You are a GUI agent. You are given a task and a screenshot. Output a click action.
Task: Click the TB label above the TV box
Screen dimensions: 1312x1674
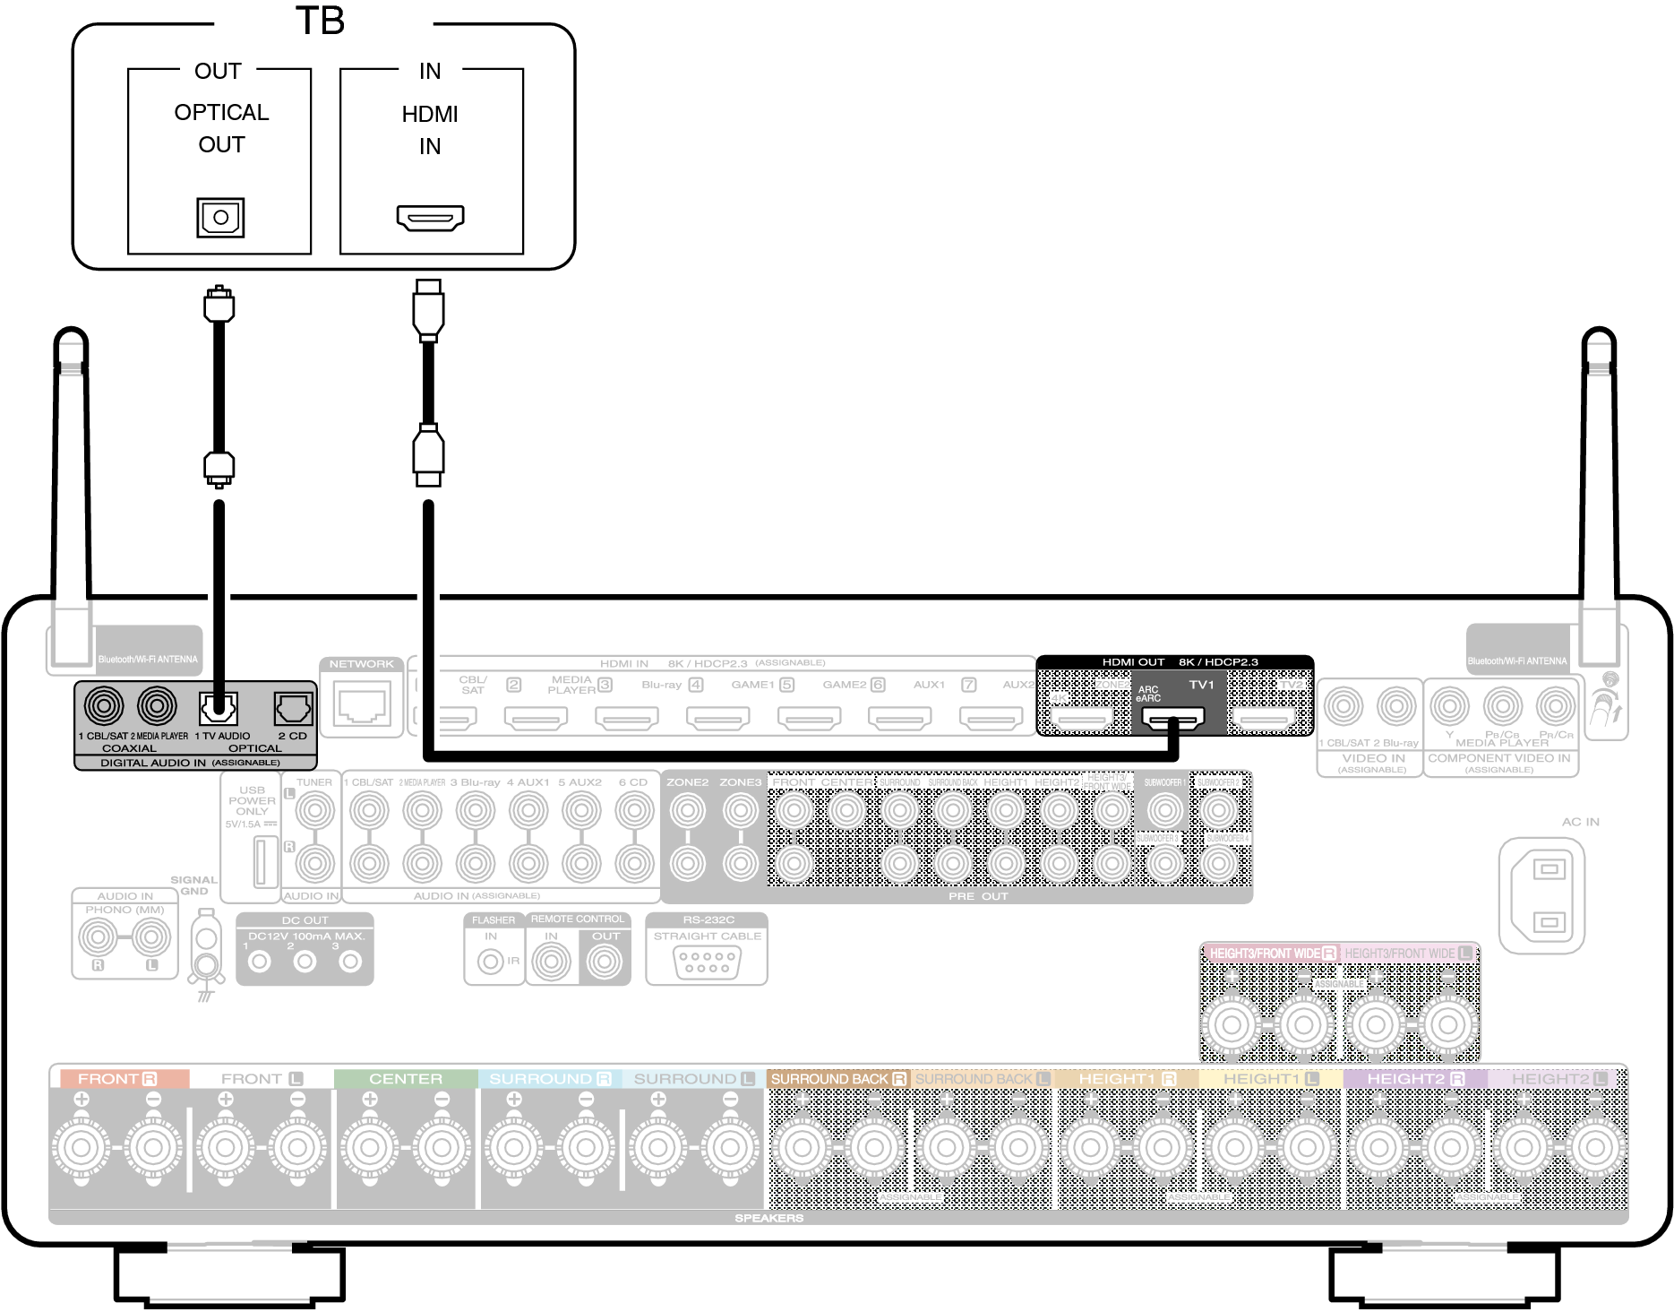(320, 22)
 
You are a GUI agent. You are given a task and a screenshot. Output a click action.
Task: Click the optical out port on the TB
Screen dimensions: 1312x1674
(220, 217)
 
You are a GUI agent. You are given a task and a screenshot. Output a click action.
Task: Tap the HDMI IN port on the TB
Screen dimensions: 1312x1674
(430, 218)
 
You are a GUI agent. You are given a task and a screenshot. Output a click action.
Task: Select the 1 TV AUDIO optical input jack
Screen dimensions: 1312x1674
(218, 709)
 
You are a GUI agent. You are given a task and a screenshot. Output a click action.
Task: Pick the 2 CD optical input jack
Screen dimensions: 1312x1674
(293, 709)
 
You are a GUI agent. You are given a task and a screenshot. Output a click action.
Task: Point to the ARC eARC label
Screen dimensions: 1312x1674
(1148, 694)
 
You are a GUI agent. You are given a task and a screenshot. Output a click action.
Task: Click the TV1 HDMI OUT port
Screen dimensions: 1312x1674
(1172, 718)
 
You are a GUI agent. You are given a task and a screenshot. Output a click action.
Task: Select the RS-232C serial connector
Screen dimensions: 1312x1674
(707, 962)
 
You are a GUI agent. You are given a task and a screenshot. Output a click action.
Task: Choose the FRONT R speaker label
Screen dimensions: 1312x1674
(117, 1079)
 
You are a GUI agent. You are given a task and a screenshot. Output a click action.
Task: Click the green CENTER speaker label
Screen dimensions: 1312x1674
(406, 1079)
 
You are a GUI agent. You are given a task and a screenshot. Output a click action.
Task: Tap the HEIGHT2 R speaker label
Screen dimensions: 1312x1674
(1415, 1079)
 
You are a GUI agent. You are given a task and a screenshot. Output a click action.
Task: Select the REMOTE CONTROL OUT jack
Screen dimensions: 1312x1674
(605, 962)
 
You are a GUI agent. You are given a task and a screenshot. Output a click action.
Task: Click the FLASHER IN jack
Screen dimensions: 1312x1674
(491, 962)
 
